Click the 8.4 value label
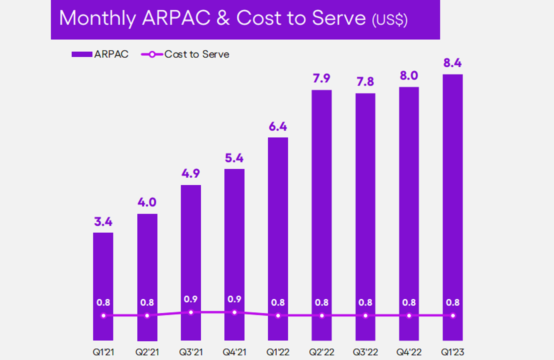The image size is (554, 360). click(453, 63)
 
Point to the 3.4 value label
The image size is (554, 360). click(103, 222)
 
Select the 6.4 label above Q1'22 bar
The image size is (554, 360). click(278, 127)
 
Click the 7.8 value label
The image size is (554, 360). click(365, 82)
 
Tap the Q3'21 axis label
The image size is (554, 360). click(191, 352)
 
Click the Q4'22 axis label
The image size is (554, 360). click(409, 352)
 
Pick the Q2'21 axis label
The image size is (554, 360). click(147, 352)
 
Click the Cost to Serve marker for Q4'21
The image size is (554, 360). click(234, 312)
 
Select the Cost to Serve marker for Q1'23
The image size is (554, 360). click(453, 315)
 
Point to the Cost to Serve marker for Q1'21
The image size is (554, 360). click(103, 315)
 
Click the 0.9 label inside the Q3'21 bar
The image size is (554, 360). click(191, 299)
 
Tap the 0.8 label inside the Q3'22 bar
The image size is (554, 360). click(365, 303)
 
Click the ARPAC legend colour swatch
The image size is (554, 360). click(82, 54)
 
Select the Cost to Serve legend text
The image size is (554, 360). click(197, 54)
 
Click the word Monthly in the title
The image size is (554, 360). click(97, 18)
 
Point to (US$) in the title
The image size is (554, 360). click(390, 20)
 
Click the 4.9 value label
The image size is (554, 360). click(191, 174)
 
